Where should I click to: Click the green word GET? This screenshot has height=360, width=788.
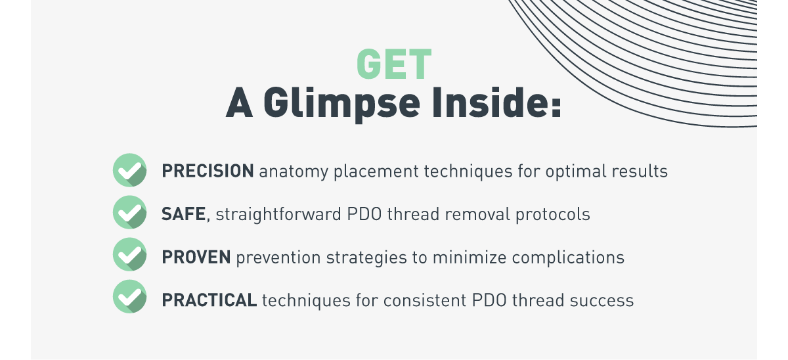394,64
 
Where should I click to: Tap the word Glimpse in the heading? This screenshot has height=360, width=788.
341,103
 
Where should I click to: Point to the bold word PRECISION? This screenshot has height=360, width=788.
208,171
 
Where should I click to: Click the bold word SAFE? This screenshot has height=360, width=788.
184,214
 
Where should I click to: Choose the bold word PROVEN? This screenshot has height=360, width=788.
196,258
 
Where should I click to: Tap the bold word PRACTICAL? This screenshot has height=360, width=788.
209,300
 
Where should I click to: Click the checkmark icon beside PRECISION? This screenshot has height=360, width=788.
130,170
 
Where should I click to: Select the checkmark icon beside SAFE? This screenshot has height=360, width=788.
130,213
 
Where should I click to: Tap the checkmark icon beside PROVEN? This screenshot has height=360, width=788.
130,255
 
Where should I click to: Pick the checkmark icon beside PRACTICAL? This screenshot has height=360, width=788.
130,297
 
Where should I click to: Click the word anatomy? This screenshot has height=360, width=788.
294,172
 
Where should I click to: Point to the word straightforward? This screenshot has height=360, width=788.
278,214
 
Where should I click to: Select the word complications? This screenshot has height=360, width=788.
568,258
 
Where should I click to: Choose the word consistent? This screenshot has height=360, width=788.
425,301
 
